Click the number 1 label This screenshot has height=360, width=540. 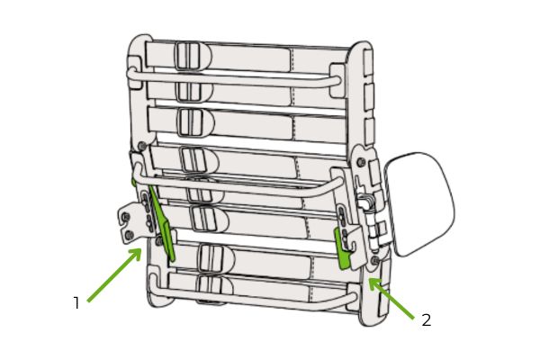[76, 302]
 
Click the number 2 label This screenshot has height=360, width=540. [427, 320]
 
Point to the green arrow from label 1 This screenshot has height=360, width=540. [114, 274]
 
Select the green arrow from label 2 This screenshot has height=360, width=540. [391, 298]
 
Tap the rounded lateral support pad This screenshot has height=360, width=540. [420, 204]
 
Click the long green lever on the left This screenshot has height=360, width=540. [162, 223]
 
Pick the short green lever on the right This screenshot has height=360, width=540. [343, 248]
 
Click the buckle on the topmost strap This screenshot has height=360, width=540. [188, 56]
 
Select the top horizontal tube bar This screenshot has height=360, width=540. [234, 79]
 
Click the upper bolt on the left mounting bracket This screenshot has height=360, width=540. [126, 217]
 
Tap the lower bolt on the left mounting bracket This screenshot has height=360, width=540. [130, 235]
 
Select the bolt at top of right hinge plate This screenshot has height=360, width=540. [362, 161]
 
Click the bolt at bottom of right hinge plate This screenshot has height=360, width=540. [375, 260]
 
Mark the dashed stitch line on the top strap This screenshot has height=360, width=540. [292, 60]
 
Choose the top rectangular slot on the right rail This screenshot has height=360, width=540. [368, 62]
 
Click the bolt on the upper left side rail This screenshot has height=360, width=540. [141, 146]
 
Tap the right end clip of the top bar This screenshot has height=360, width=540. [337, 80]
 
